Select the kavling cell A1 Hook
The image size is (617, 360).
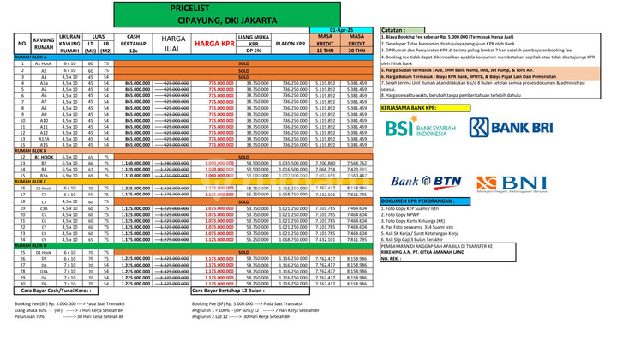pyautogui.click(x=44, y=63)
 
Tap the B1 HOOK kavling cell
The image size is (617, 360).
pyautogui.click(x=44, y=157)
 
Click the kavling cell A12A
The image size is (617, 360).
pyautogui.click(x=44, y=138)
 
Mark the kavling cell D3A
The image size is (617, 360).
pyautogui.click(x=44, y=270)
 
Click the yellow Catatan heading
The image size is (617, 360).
pyautogui.click(x=398, y=30)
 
